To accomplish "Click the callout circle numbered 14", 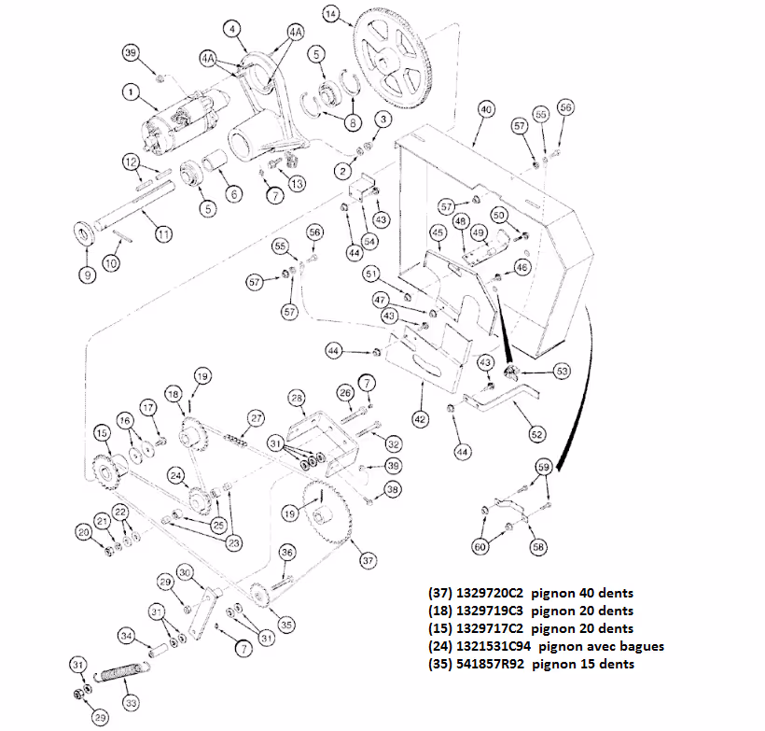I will pos(331,13).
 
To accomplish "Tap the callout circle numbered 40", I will pos(485,109).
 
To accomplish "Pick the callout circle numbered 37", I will pos(369,559).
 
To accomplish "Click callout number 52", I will pos(536,433).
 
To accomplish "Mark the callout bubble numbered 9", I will pos(86,275).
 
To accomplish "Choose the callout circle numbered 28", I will pos(297,400).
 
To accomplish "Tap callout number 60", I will pos(480,547).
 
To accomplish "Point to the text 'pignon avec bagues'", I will pos(603,646).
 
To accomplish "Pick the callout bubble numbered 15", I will pos(102,434).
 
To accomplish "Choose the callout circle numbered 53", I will pos(563,371).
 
